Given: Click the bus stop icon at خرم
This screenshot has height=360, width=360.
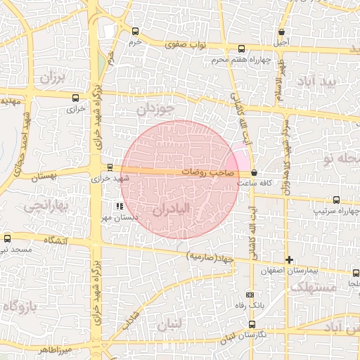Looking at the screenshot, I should [135, 31].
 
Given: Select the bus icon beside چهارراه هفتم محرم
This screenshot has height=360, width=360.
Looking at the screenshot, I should [242, 49].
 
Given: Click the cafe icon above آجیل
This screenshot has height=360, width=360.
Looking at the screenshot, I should [282, 32].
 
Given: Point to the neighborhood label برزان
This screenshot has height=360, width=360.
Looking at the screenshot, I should [51, 78].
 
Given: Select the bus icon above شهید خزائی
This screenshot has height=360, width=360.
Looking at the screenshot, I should [110, 167].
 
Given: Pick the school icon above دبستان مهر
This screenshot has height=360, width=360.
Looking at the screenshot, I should [120, 207].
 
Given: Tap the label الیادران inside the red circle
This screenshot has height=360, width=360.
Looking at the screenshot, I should [172, 210].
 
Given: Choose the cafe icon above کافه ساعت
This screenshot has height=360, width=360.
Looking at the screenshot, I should [254, 172].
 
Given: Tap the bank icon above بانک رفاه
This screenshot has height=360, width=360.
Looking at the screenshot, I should [250, 295].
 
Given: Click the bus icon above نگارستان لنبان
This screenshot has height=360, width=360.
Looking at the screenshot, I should [252, 324].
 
